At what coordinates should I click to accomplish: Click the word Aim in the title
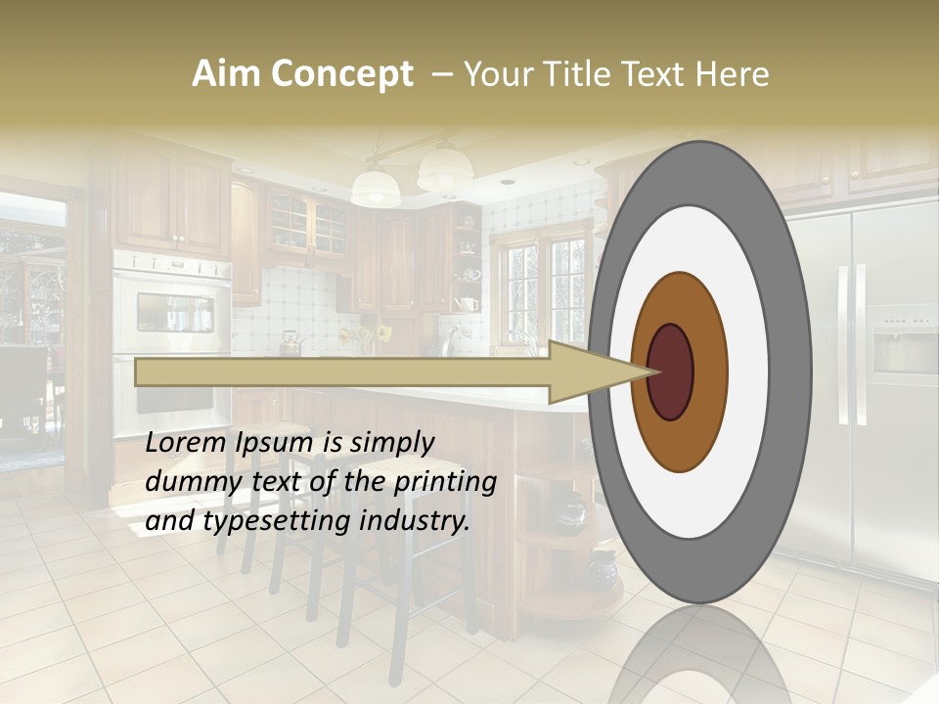pyautogui.click(x=226, y=74)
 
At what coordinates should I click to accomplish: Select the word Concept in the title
pyautogui.click(x=341, y=74)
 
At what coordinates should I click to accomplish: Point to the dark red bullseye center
pyautogui.click(x=670, y=372)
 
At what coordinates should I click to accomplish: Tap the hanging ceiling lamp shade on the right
pyautogui.click(x=445, y=170)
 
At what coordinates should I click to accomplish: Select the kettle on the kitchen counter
pyautogui.click(x=291, y=342)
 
